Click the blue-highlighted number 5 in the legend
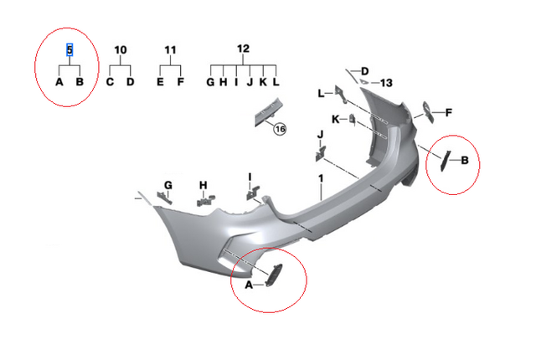70,50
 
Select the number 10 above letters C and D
121,50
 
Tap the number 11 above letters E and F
171,50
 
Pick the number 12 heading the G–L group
244,49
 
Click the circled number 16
280,129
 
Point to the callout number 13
385,83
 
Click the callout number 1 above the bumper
320,179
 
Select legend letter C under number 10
110,82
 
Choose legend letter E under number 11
160,82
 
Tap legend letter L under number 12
276,82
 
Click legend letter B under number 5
80,82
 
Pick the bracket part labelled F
427,111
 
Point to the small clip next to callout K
353,121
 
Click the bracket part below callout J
320,152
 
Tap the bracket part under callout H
205,199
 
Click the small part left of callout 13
364,82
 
